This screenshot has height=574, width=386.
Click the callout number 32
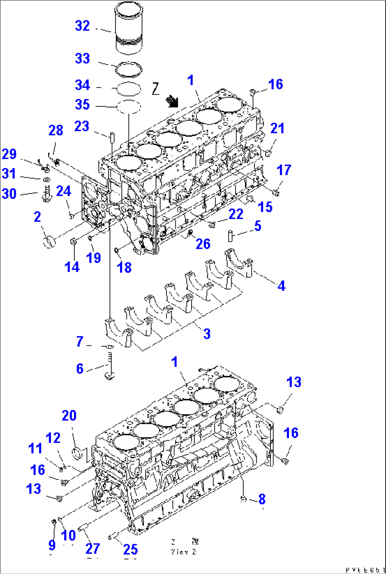coord(83,26)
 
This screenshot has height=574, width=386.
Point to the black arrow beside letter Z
coord(173,101)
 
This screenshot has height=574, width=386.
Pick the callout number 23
coord(82,126)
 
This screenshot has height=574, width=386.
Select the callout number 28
coord(56,131)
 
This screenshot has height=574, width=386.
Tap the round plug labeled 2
coord(49,242)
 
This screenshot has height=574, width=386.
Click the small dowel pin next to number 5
coord(231,236)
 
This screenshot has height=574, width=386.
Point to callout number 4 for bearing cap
coord(281,286)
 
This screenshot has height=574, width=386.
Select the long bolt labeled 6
coord(109,366)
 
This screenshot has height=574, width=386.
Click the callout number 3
coord(207,333)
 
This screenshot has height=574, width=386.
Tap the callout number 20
coord(69,415)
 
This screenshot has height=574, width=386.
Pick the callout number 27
coord(93,549)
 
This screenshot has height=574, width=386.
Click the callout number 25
coord(130,549)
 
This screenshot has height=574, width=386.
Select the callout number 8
coord(262,499)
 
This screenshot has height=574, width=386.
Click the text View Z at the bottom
coord(183,552)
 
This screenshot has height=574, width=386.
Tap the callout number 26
coord(203,243)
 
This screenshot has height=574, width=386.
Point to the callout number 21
coord(277,128)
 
